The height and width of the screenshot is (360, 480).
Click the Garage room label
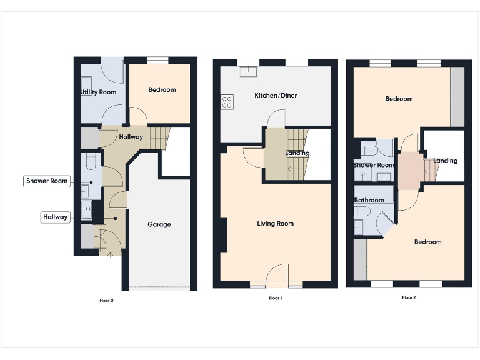tap(159, 224)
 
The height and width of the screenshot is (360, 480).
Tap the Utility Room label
tap(99, 92)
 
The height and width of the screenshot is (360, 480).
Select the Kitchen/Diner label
tap(276, 96)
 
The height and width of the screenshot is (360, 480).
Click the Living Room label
tap(276, 224)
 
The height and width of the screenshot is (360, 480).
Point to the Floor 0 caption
tap(107, 301)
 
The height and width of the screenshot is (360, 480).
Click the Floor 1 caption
tap(276, 299)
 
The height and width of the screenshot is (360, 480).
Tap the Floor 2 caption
tap(409, 297)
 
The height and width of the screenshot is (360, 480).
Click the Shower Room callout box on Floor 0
tap(46, 181)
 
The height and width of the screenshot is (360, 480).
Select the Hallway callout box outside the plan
tap(56, 217)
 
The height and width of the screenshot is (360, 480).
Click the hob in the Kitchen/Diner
tap(227, 102)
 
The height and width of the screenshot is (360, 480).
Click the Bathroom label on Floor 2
tap(369, 201)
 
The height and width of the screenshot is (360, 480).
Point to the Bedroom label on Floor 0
tap(162, 90)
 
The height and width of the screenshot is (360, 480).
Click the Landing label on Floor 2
tap(445, 161)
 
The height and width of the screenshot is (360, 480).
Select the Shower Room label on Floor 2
tap(374, 165)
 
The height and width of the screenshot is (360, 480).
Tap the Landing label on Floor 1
tap(297, 153)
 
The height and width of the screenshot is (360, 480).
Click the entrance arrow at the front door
tap(111, 253)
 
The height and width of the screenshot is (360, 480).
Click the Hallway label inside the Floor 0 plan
tap(131, 137)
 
